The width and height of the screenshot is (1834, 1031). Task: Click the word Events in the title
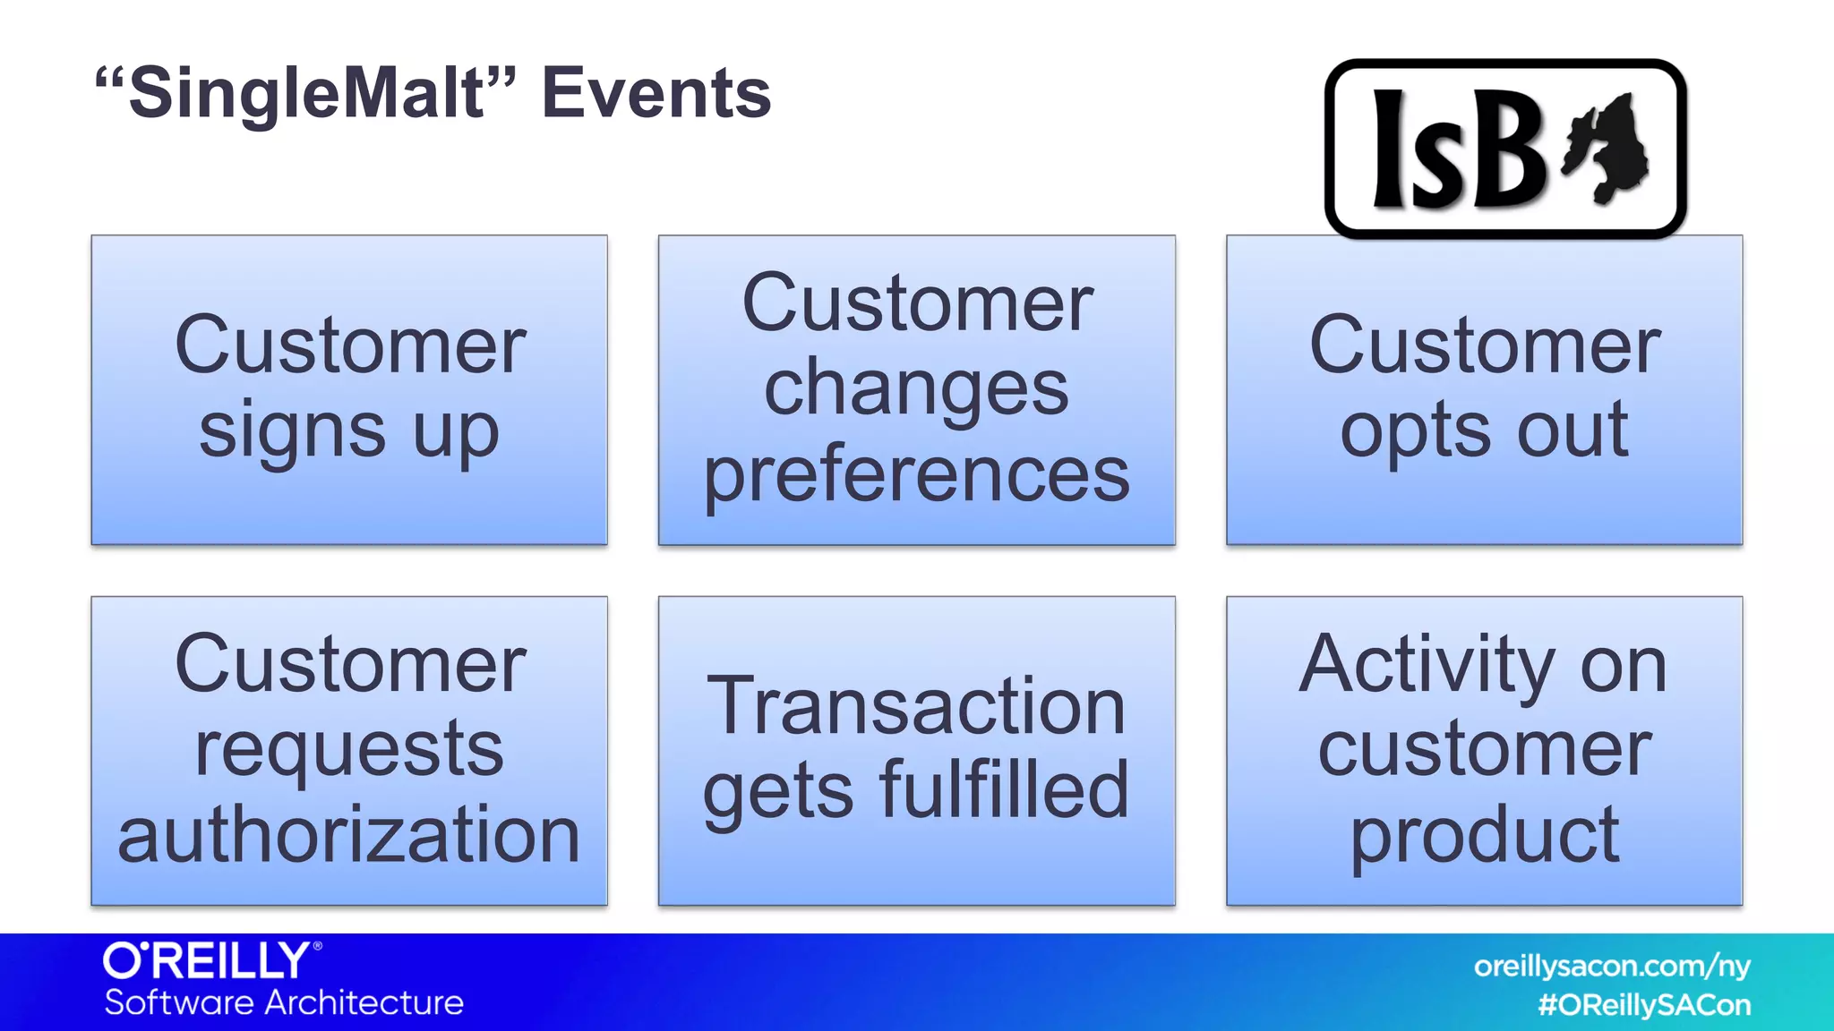(x=656, y=93)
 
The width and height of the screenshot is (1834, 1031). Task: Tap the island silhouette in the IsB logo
(x=1607, y=148)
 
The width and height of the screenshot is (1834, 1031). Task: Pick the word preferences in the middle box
(x=916, y=474)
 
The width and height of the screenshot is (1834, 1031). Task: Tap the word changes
(x=916, y=389)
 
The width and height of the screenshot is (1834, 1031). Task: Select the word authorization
(x=348, y=834)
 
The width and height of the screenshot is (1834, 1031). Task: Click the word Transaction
(x=916, y=707)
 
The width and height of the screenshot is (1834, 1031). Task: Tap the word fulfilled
(x=1004, y=789)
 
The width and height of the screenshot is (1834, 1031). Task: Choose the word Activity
(x=1427, y=664)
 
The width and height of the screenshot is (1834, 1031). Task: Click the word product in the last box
(x=1484, y=834)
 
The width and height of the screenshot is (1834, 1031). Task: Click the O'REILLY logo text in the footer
(x=208, y=961)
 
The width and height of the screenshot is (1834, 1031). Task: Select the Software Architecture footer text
(x=284, y=1003)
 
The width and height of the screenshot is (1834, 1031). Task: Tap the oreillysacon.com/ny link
(x=1612, y=967)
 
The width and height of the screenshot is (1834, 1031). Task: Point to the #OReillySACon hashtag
(x=1644, y=1005)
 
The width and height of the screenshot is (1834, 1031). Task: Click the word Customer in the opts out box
(x=1484, y=347)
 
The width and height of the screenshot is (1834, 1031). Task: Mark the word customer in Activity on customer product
(x=1484, y=750)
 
